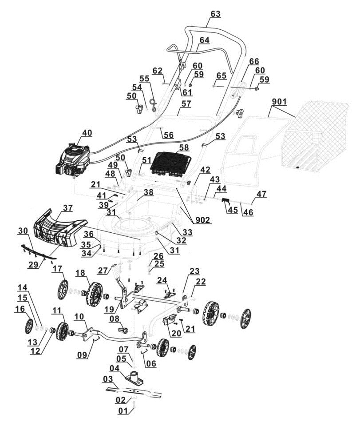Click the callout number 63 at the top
coord(215,14)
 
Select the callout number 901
coord(279,102)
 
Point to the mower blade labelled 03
coord(133,391)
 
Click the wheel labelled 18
coord(94,294)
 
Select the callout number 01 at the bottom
coord(123,411)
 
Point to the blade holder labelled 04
coord(133,376)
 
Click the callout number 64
coord(204,40)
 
